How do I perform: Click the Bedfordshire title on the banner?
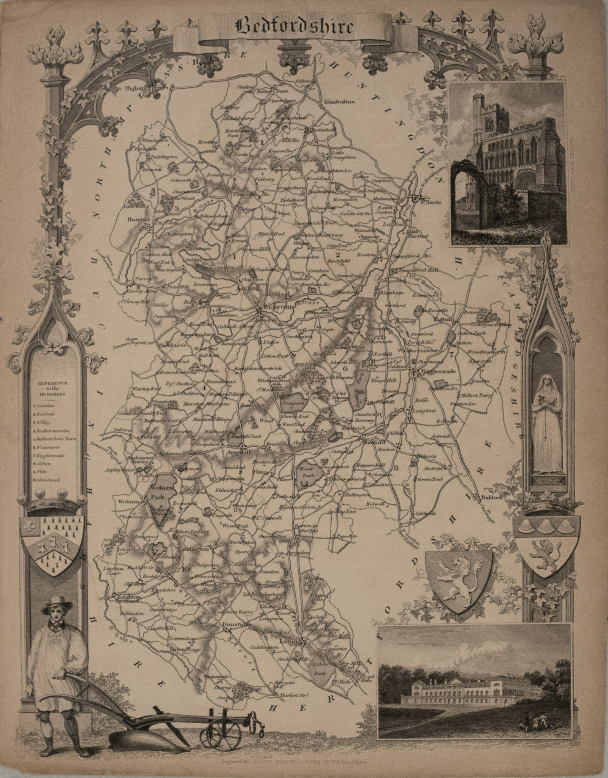click(x=295, y=27)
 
